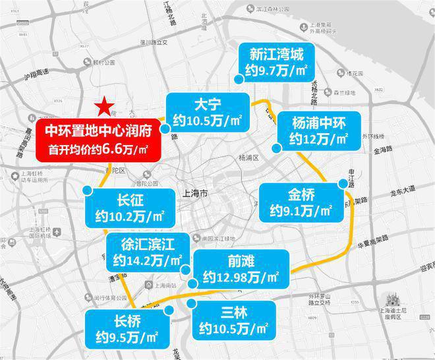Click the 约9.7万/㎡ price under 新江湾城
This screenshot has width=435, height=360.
point(276,71)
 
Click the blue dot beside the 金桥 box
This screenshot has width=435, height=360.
point(341,183)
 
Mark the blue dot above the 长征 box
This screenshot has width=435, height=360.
point(88,190)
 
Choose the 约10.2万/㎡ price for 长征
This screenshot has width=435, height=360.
point(126,216)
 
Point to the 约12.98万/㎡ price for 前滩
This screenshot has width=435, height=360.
point(241,276)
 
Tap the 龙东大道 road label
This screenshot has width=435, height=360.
point(401,190)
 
